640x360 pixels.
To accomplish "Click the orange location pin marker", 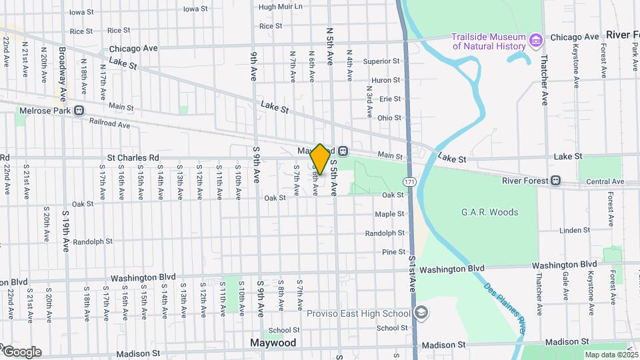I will pos(320,159).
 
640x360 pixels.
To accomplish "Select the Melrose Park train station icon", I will pos(79,111).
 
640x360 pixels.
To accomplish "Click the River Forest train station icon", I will pos(555,181).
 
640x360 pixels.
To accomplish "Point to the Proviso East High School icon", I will pos(421,313).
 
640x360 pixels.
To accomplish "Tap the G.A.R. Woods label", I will pos(489,213).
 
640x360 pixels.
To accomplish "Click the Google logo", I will pos(21,352).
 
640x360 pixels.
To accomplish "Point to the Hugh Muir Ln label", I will pos(280,7).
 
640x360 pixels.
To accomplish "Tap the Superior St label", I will pos(381,61).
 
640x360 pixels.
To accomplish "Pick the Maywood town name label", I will pos(273,343).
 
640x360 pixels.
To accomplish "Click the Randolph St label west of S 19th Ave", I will pos(90,241).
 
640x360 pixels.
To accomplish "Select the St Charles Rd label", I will pos(133,157).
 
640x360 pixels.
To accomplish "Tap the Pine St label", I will pos(393,252).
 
